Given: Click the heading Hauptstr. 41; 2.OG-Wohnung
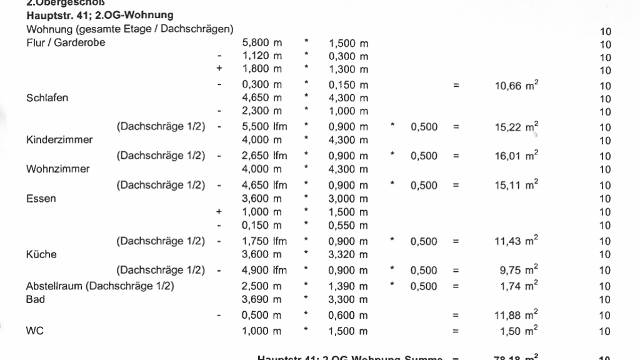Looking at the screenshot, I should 100,15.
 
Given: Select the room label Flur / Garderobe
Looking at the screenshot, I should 66,43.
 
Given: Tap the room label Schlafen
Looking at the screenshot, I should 47,97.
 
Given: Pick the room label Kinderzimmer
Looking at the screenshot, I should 59,140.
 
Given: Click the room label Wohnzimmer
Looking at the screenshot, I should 58,169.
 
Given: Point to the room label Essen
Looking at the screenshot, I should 41,199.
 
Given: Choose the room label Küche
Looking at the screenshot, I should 41,255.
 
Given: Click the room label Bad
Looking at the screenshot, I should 36,299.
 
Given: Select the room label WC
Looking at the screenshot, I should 34,331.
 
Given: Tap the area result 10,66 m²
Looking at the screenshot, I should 516,85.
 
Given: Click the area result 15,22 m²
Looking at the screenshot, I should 516,127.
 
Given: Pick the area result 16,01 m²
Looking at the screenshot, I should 516,156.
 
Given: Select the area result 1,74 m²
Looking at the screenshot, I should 519,286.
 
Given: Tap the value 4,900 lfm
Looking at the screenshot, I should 264,271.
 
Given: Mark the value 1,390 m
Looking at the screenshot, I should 348,286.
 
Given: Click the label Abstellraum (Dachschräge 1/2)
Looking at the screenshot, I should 100,286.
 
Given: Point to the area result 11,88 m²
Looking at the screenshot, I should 516,315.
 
